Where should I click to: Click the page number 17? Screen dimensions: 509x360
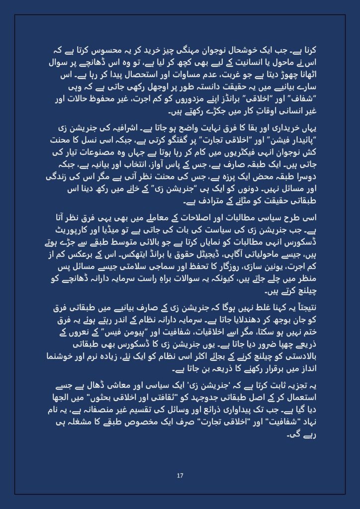[x=180, y=476]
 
